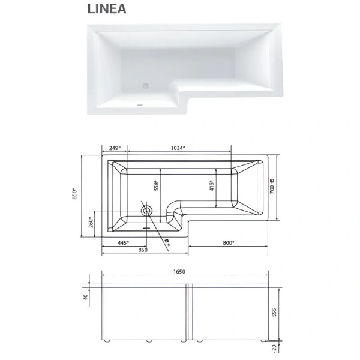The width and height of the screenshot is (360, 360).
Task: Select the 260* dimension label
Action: (91, 222)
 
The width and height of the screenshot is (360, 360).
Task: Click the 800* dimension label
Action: (228, 243)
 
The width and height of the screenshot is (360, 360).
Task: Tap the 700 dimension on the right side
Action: (272, 188)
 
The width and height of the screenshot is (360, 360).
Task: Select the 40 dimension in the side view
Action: (86, 296)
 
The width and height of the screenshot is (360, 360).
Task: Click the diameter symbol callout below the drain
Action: (167, 243)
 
